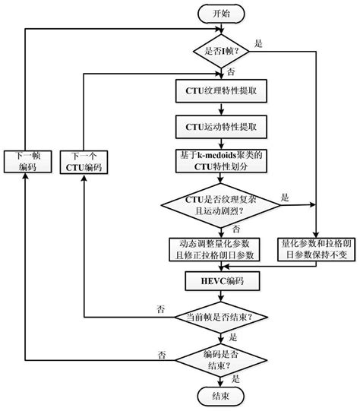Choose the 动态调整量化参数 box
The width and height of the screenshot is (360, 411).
(218, 249)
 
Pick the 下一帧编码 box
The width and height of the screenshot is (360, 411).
(26, 161)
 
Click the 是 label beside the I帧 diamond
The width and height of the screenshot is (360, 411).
(258, 43)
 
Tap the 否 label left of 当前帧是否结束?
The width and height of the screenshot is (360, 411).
(160, 308)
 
